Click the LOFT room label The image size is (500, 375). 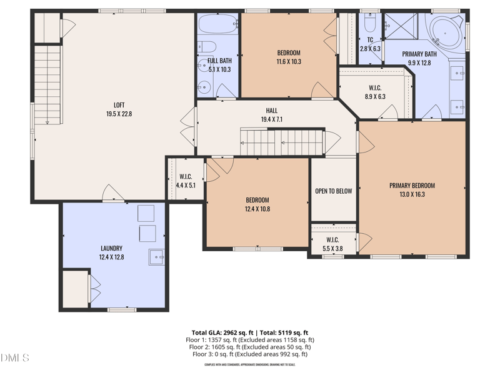pos(119,105)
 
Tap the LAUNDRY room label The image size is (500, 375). pos(111,248)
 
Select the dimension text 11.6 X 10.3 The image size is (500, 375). pos(288,62)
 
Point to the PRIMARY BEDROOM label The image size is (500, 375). pos(412,186)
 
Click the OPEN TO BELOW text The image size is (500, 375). pos(333,191)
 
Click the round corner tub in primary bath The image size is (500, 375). pos(446,29)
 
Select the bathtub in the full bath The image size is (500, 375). pos(217,24)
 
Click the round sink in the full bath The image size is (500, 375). pos(205,87)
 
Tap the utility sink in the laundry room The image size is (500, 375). pos(156,256)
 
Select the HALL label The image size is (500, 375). pos(271,111)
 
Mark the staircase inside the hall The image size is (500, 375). pos(282,142)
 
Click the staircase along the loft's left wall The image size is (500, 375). pos(47,84)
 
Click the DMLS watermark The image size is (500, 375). pos(15,358)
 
